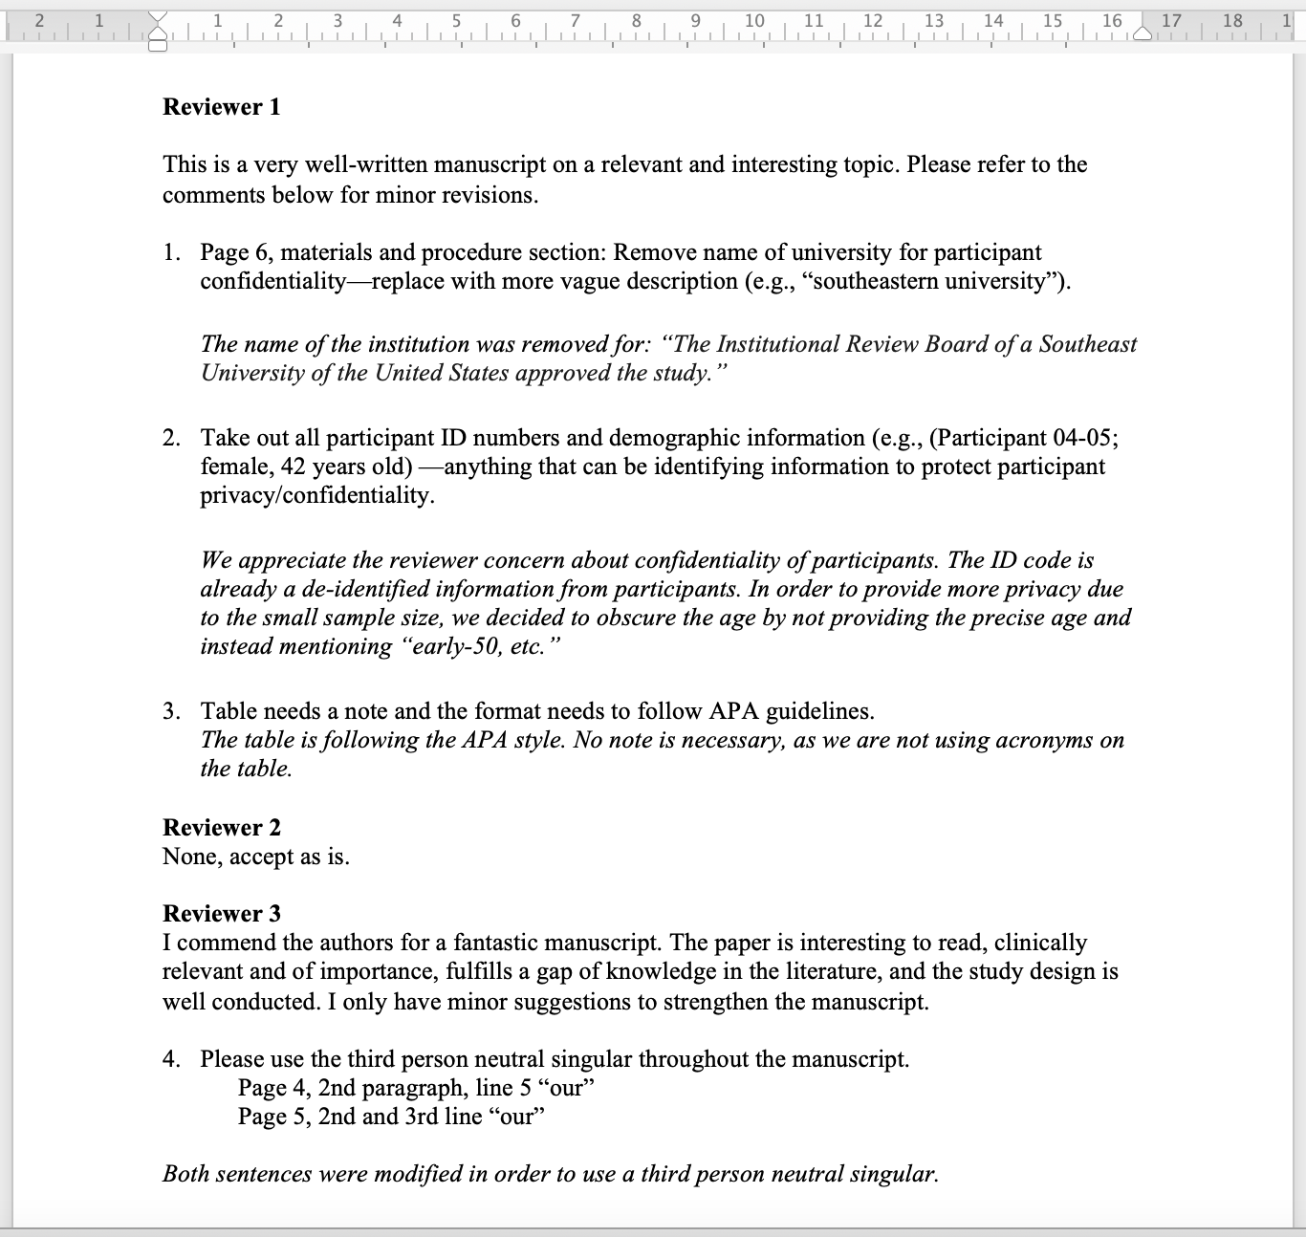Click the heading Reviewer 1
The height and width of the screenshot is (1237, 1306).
[222, 107]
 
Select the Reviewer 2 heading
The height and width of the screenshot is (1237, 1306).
[222, 828]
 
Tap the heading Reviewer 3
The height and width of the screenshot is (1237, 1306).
[222, 914]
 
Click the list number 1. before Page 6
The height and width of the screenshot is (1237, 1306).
[171, 252]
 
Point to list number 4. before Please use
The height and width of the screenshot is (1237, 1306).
[171, 1059]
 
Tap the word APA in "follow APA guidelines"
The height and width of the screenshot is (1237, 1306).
[734, 711]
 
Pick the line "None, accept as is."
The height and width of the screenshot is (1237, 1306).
[256, 857]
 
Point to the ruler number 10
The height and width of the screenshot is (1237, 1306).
[754, 20]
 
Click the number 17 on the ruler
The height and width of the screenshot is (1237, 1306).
[1171, 20]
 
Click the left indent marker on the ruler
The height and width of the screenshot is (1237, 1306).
[159, 33]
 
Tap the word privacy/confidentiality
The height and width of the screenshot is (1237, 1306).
[316, 495]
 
